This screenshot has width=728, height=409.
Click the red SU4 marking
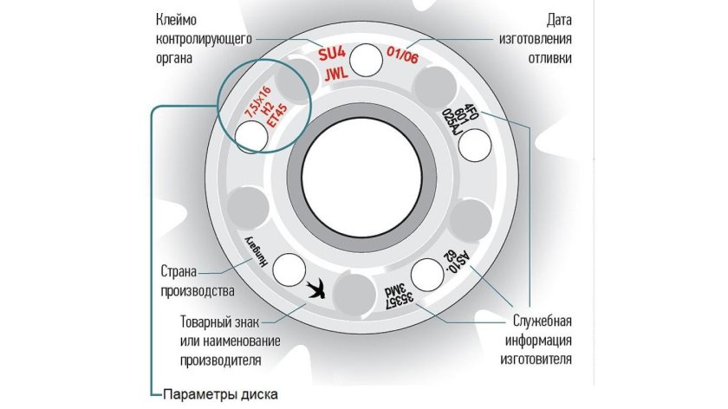click(331, 54)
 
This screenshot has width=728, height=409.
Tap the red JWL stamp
click(336, 75)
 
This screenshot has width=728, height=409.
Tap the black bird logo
click(317, 289)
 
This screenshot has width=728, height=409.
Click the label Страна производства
click(196, 278)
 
